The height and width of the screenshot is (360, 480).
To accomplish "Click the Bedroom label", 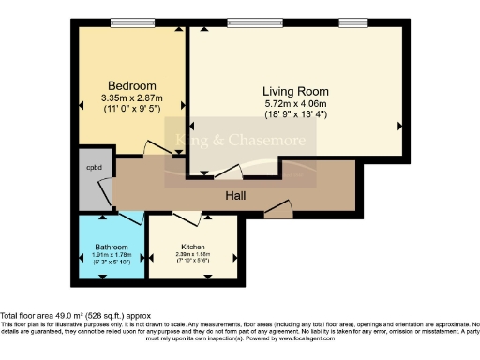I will (x=125, y=82).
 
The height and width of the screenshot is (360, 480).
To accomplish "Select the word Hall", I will (x=235, y=196).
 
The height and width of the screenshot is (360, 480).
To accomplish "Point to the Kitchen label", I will (x=195, y=247).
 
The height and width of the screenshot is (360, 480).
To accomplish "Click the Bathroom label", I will (x=110, y=247).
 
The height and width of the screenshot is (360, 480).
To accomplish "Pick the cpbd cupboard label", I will (x=95, y=169).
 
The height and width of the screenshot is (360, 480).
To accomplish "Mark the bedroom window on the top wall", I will (x=125, y=22).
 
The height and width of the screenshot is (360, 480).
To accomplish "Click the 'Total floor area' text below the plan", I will (x=75, y=316).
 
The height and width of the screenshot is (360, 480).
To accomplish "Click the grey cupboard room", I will (x=93, y=183).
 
